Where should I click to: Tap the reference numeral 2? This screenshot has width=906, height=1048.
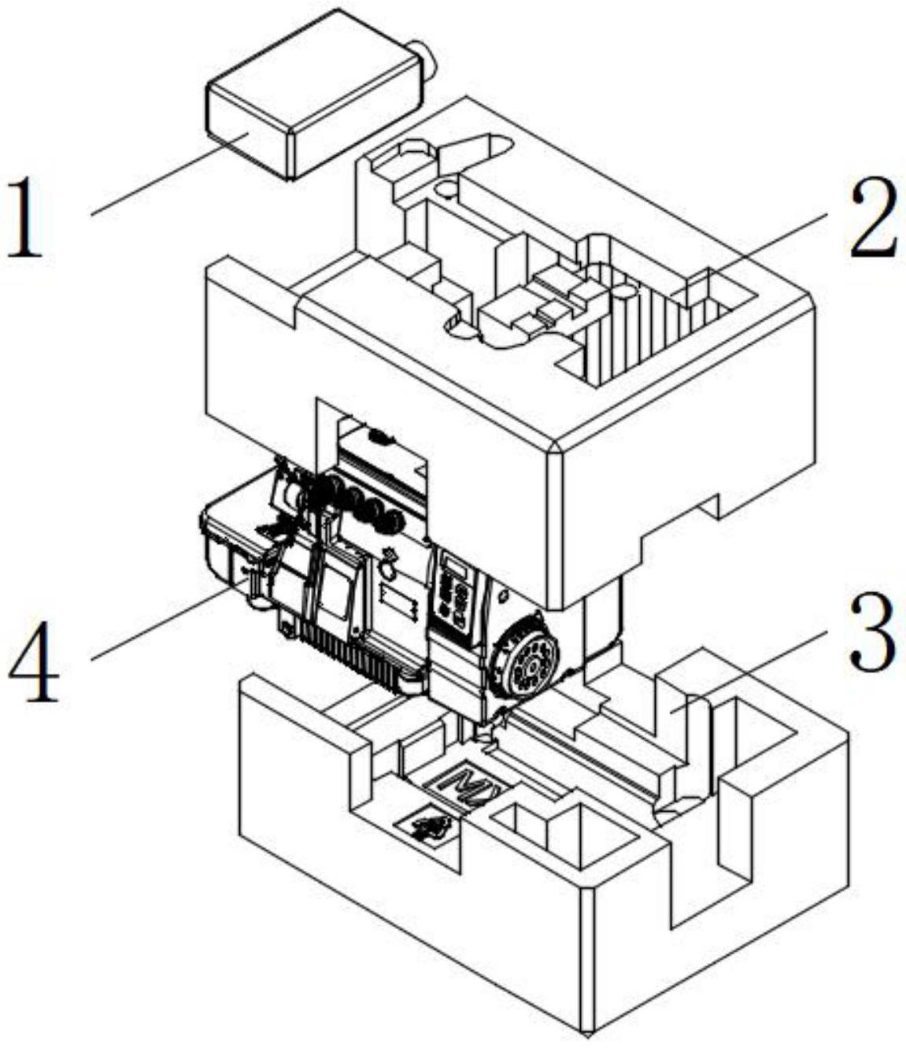[x=872, y=217]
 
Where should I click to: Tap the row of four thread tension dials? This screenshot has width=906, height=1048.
[x=370, y=504]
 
